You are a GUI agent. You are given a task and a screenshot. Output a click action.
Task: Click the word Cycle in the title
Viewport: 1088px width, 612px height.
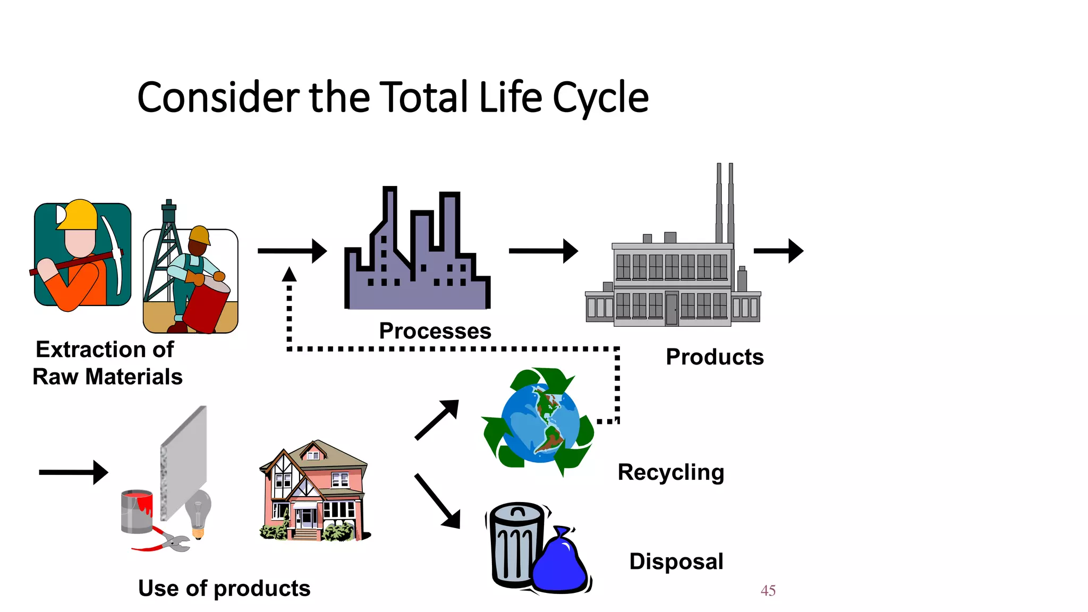(x=600, y=98)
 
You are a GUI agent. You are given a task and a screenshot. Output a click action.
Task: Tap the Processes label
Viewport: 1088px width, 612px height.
(x=435, y=331)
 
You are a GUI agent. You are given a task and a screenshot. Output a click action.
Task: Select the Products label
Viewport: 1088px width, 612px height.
(x=715, y=357)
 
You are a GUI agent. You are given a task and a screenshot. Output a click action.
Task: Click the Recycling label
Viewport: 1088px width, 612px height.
(x=670, y=472)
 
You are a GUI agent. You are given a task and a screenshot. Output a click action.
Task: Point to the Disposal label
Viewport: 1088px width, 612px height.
(x=676, y=562)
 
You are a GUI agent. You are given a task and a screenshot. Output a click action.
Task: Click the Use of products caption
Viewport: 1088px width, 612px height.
(x=224, y=588)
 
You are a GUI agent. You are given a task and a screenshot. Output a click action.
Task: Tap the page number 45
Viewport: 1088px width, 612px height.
(x=768, y=590)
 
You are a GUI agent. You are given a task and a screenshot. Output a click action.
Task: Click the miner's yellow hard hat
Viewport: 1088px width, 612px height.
(x=78, y=215)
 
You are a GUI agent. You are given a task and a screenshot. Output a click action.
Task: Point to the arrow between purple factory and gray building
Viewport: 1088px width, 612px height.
(x=543, y=251)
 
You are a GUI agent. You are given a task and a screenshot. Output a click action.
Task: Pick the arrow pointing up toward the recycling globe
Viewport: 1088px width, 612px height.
(x=437, y=420)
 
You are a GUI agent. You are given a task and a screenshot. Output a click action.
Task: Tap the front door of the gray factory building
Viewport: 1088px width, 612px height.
(x=671, y=309)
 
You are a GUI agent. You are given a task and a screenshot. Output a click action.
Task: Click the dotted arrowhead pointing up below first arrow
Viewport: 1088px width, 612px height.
(x=289, y=275)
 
